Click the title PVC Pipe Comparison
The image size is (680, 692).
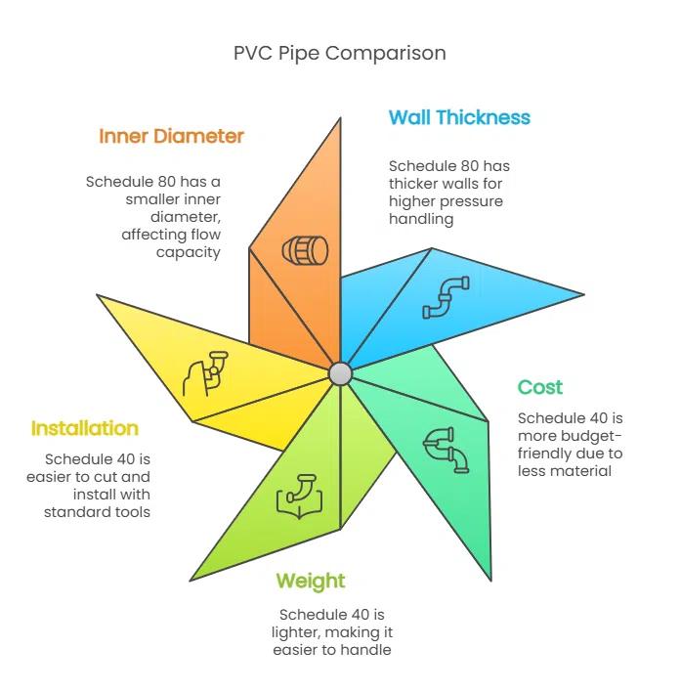click(x=339, y=54)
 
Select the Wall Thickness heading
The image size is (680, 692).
click(x=459, y=117)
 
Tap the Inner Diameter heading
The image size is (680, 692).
click(x=171, y=136)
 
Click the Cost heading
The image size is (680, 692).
click(x=539, y=387)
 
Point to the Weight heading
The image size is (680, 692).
click(x=311, y=582)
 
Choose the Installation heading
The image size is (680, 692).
click(x=85, y=428)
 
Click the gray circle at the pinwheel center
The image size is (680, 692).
click(x=340, y=373)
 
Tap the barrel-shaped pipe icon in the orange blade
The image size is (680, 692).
click(x=305, y=250)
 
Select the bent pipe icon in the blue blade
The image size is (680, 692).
click(x=446, y=297)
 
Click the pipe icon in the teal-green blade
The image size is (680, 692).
click(x=446, y=450)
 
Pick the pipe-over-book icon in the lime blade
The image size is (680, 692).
click(x=299, y=497)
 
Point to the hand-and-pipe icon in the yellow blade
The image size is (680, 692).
click(x=205, y=373)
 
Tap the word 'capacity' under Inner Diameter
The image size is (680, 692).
click(x=188, y=253)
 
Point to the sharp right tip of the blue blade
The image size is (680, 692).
click(x=584, y=294)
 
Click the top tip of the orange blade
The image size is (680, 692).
click(x=340, y=118)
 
